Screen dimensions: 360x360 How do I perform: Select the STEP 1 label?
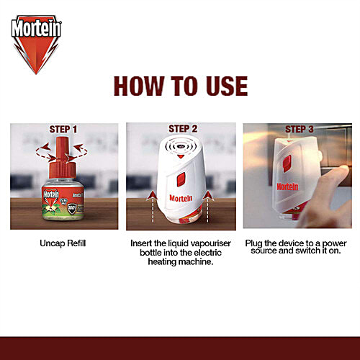click(64, 130)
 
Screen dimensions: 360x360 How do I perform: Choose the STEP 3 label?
click(299, 130)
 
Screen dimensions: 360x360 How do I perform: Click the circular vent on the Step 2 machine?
click(182, 145)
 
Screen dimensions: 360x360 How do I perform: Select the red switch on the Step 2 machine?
click(182, 177)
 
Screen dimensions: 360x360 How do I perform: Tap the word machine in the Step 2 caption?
click(199, 264)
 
